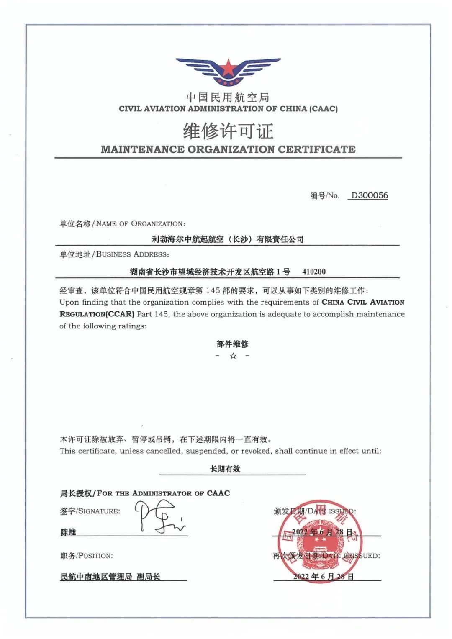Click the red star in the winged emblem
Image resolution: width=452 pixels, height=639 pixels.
pos(228,67)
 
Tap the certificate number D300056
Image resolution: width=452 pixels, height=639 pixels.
pos(369,195)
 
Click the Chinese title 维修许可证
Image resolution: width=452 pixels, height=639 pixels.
pos(228,131)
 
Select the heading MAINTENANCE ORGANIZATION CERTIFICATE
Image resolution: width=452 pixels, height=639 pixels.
pos(228,149)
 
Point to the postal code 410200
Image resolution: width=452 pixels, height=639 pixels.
pos(314,272)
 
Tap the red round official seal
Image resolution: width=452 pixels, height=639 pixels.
pos(318,540)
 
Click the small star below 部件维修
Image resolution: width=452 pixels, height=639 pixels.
pos(233,356)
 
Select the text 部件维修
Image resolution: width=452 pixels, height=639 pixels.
pos(233,344)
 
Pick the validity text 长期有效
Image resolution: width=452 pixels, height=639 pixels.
pos(225,469)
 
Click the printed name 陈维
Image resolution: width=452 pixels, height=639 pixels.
pos(68,532)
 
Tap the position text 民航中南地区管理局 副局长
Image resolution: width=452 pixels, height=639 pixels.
pos(110,577)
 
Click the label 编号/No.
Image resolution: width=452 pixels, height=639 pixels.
pos(324,196)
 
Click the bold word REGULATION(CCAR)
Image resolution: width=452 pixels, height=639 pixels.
pos(97,314)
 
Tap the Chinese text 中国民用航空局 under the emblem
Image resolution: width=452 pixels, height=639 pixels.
pos(228,98)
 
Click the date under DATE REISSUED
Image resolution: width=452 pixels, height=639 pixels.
pos(324,577)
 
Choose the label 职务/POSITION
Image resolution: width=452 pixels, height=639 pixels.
pos(86,556)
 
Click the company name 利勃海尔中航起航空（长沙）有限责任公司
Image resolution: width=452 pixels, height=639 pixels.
pos(228,239)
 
